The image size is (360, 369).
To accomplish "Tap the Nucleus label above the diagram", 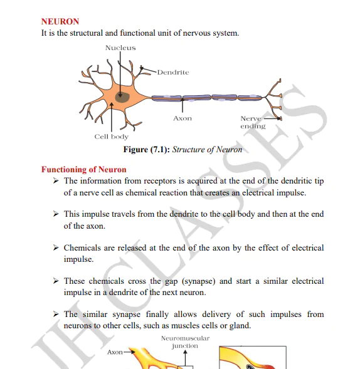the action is (x=120, y=48).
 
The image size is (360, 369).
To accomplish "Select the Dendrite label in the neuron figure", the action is (x=172, y=72).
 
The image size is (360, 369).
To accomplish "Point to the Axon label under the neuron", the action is (x=182, y=118).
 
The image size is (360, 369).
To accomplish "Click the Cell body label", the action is (x=111, y=137).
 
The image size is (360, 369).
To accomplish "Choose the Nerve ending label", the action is (x=253, y=122).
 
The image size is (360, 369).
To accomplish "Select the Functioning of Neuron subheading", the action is (x=83, y=169).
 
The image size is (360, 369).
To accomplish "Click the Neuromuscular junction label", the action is (x=185, y=342).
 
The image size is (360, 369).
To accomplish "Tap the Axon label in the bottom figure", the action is (x=115, y=352).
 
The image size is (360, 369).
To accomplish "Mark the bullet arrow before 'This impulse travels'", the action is (x=55, y=214).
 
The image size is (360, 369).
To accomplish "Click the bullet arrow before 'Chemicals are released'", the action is (x=55, y=248).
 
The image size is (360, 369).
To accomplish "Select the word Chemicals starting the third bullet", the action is (x=82, y=247).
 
